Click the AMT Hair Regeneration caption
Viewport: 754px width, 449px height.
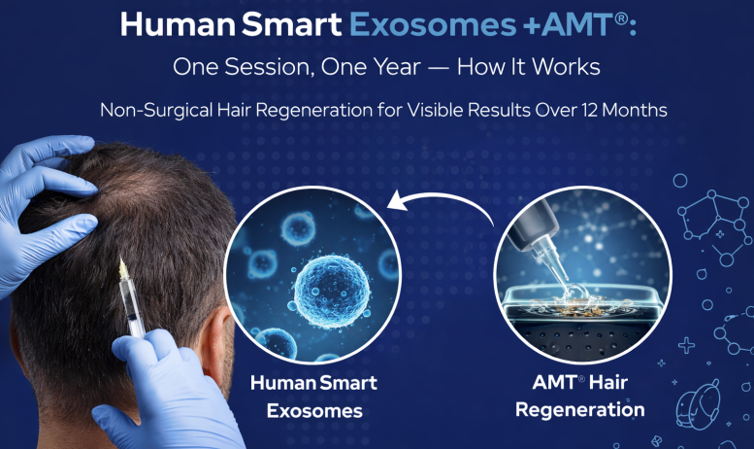[x=579, y=396]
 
